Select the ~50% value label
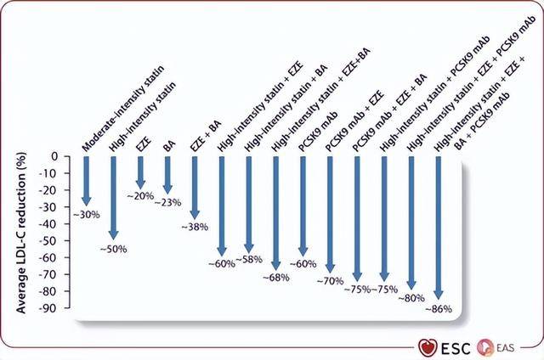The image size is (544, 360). (114, 249)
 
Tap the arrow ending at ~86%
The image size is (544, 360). (438, 229)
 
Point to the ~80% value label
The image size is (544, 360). (412, 297)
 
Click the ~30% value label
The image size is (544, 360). (87, 215)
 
